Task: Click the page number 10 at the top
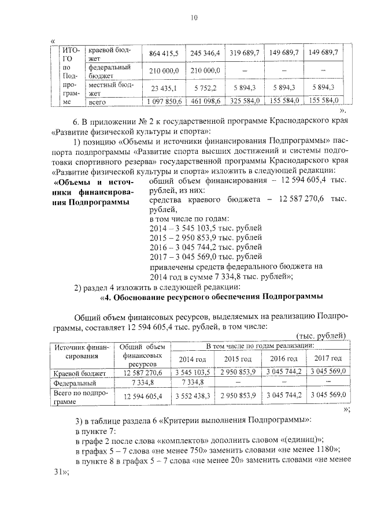tap(194, 18)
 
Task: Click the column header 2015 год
tap(230, 359)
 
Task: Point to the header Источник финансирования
tap(81, 352)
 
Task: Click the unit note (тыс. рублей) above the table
tap(320, 336)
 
